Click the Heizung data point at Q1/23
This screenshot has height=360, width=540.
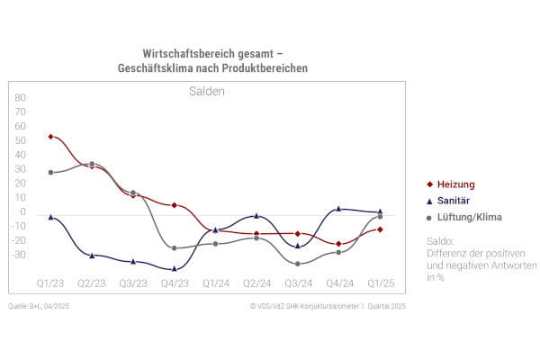point(50,137)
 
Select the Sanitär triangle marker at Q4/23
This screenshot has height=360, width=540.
point(175,268)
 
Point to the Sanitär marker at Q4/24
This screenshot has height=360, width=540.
point(338,209)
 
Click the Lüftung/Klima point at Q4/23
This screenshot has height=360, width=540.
point(175,248)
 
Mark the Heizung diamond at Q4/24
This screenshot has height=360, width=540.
point(338,244)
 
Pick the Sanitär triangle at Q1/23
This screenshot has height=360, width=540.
point(50,217)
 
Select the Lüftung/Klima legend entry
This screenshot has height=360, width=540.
point(463,217)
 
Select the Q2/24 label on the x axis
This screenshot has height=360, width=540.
point(256,283)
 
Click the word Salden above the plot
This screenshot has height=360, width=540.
point(207,91)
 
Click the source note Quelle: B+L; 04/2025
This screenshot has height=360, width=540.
point(39,308)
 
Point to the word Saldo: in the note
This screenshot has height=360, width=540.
point(441,241)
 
